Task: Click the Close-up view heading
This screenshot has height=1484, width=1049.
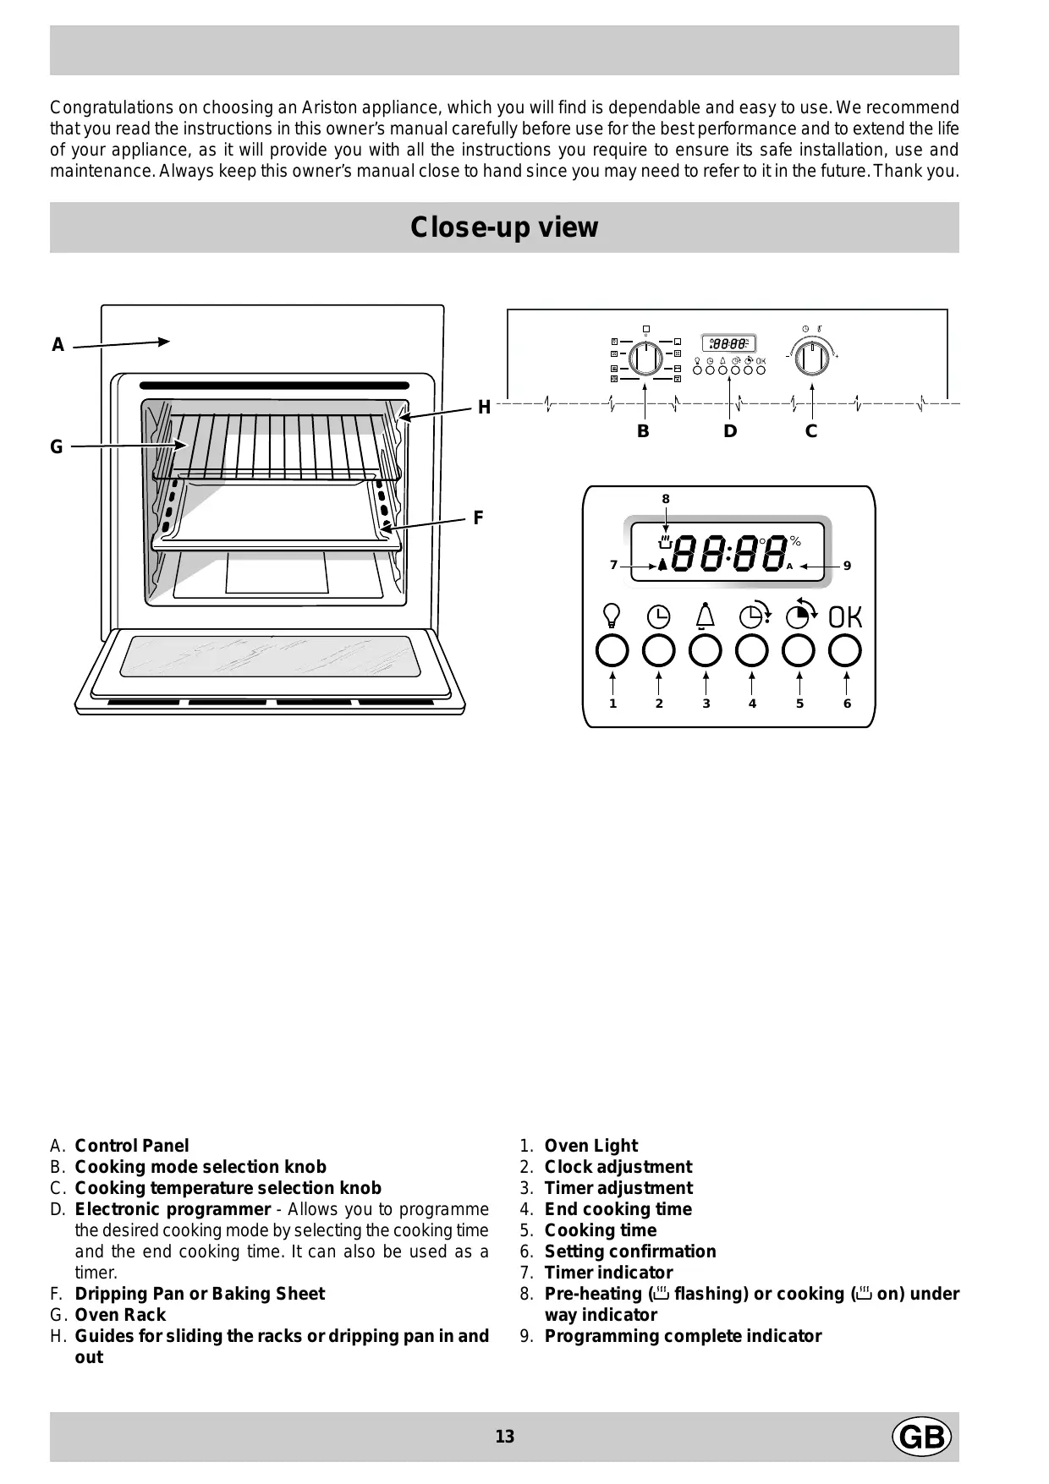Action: tap(504, 227)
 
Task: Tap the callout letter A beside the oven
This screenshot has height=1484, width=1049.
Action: tap(58, 345)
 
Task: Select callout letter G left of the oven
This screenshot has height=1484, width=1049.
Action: tap(57, 447)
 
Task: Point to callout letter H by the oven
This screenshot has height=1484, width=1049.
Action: tap(484, 408)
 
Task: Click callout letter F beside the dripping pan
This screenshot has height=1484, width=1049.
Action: tap(478, 517)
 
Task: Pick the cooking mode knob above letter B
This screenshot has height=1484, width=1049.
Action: tap(645, 359)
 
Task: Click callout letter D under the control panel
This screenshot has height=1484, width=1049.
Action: tap(730, 431)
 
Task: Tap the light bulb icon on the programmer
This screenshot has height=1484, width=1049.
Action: tap(612, 616)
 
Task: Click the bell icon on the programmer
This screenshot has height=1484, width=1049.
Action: tap(705, 616)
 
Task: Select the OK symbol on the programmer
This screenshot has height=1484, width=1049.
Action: tap(845, 617)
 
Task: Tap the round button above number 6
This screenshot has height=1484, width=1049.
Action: tap(845, 651)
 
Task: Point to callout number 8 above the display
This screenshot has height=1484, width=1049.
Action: tap(666, 499)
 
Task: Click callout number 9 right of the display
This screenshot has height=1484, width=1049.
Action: tap(847, 566)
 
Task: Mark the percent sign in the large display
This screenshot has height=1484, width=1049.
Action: tap(795, 541)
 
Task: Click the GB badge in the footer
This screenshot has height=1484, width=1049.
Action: tap(921, 1437)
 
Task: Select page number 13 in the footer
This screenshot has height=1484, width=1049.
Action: tap(505, 1437)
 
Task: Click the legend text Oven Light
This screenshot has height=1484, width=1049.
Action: tap(590, 1146)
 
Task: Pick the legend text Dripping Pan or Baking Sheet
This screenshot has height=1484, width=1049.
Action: tap(200, 1294)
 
